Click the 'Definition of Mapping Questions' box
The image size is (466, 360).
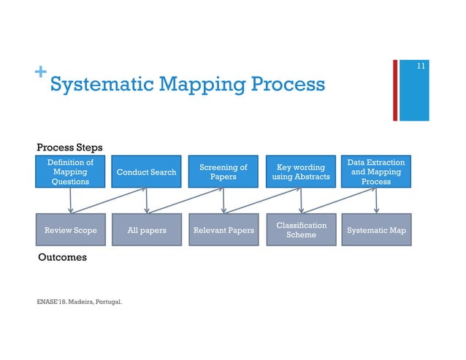[70, 172]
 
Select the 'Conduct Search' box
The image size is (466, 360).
[147, 172]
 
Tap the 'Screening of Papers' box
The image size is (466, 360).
[224, 172]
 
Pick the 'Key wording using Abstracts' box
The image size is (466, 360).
[299, 172]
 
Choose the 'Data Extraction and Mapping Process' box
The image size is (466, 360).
[376, 172]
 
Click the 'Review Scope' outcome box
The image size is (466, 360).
[70, 230]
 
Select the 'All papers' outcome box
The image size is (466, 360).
[147, 230]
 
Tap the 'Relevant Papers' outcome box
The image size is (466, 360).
[224, 230]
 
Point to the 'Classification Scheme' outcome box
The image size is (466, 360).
[301, 230]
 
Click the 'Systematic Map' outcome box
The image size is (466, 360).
[376, 230]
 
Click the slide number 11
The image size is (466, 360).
[421, 67]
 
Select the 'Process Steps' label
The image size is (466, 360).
[70, 148]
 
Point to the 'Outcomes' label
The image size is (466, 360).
[62, 257]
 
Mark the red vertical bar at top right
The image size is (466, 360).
[395, 91]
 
